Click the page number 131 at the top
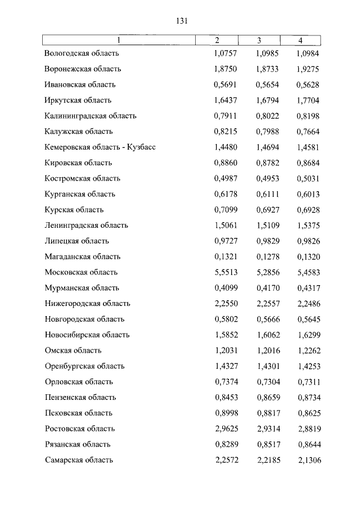(181, 21)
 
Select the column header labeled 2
(217, 40)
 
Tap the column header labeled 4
(300, 40)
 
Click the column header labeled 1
(119, 40)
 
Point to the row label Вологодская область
(82, 53)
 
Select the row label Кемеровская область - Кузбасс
(100, 147)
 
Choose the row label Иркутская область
(78, 100)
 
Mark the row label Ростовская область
(80, 429)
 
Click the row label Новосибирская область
(87, 335)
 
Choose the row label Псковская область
(79, 413)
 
